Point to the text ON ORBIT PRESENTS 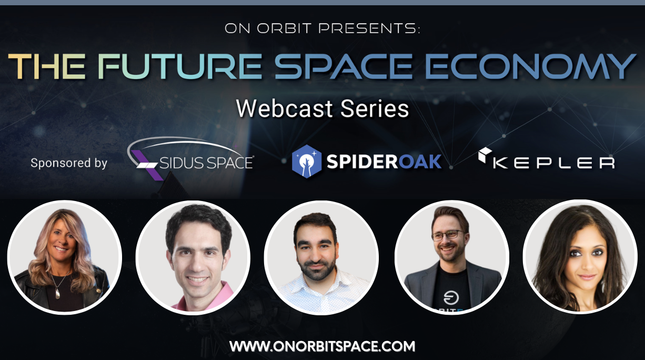323,29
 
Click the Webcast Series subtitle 323,108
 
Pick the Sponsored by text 69,163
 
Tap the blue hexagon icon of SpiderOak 307,161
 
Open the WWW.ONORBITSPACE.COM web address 323,346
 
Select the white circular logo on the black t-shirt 451,298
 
